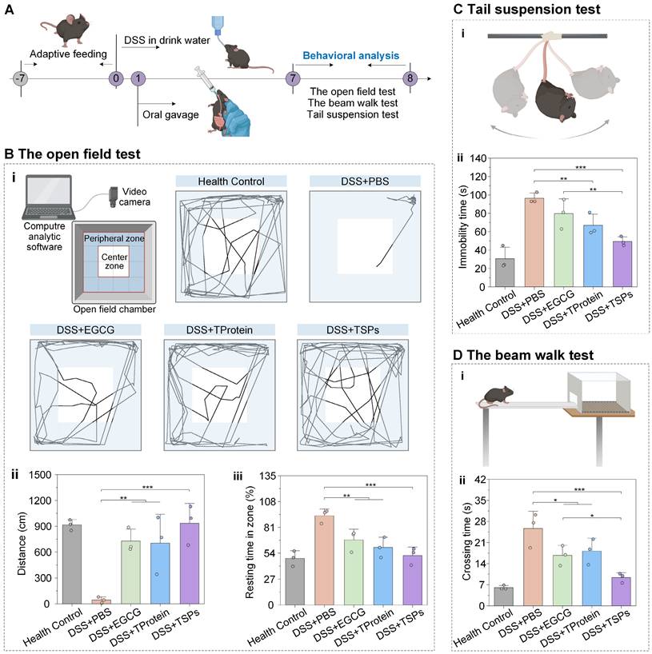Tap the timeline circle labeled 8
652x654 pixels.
[x=411, y=78]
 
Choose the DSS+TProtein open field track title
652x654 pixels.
[x=218, y=329]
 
